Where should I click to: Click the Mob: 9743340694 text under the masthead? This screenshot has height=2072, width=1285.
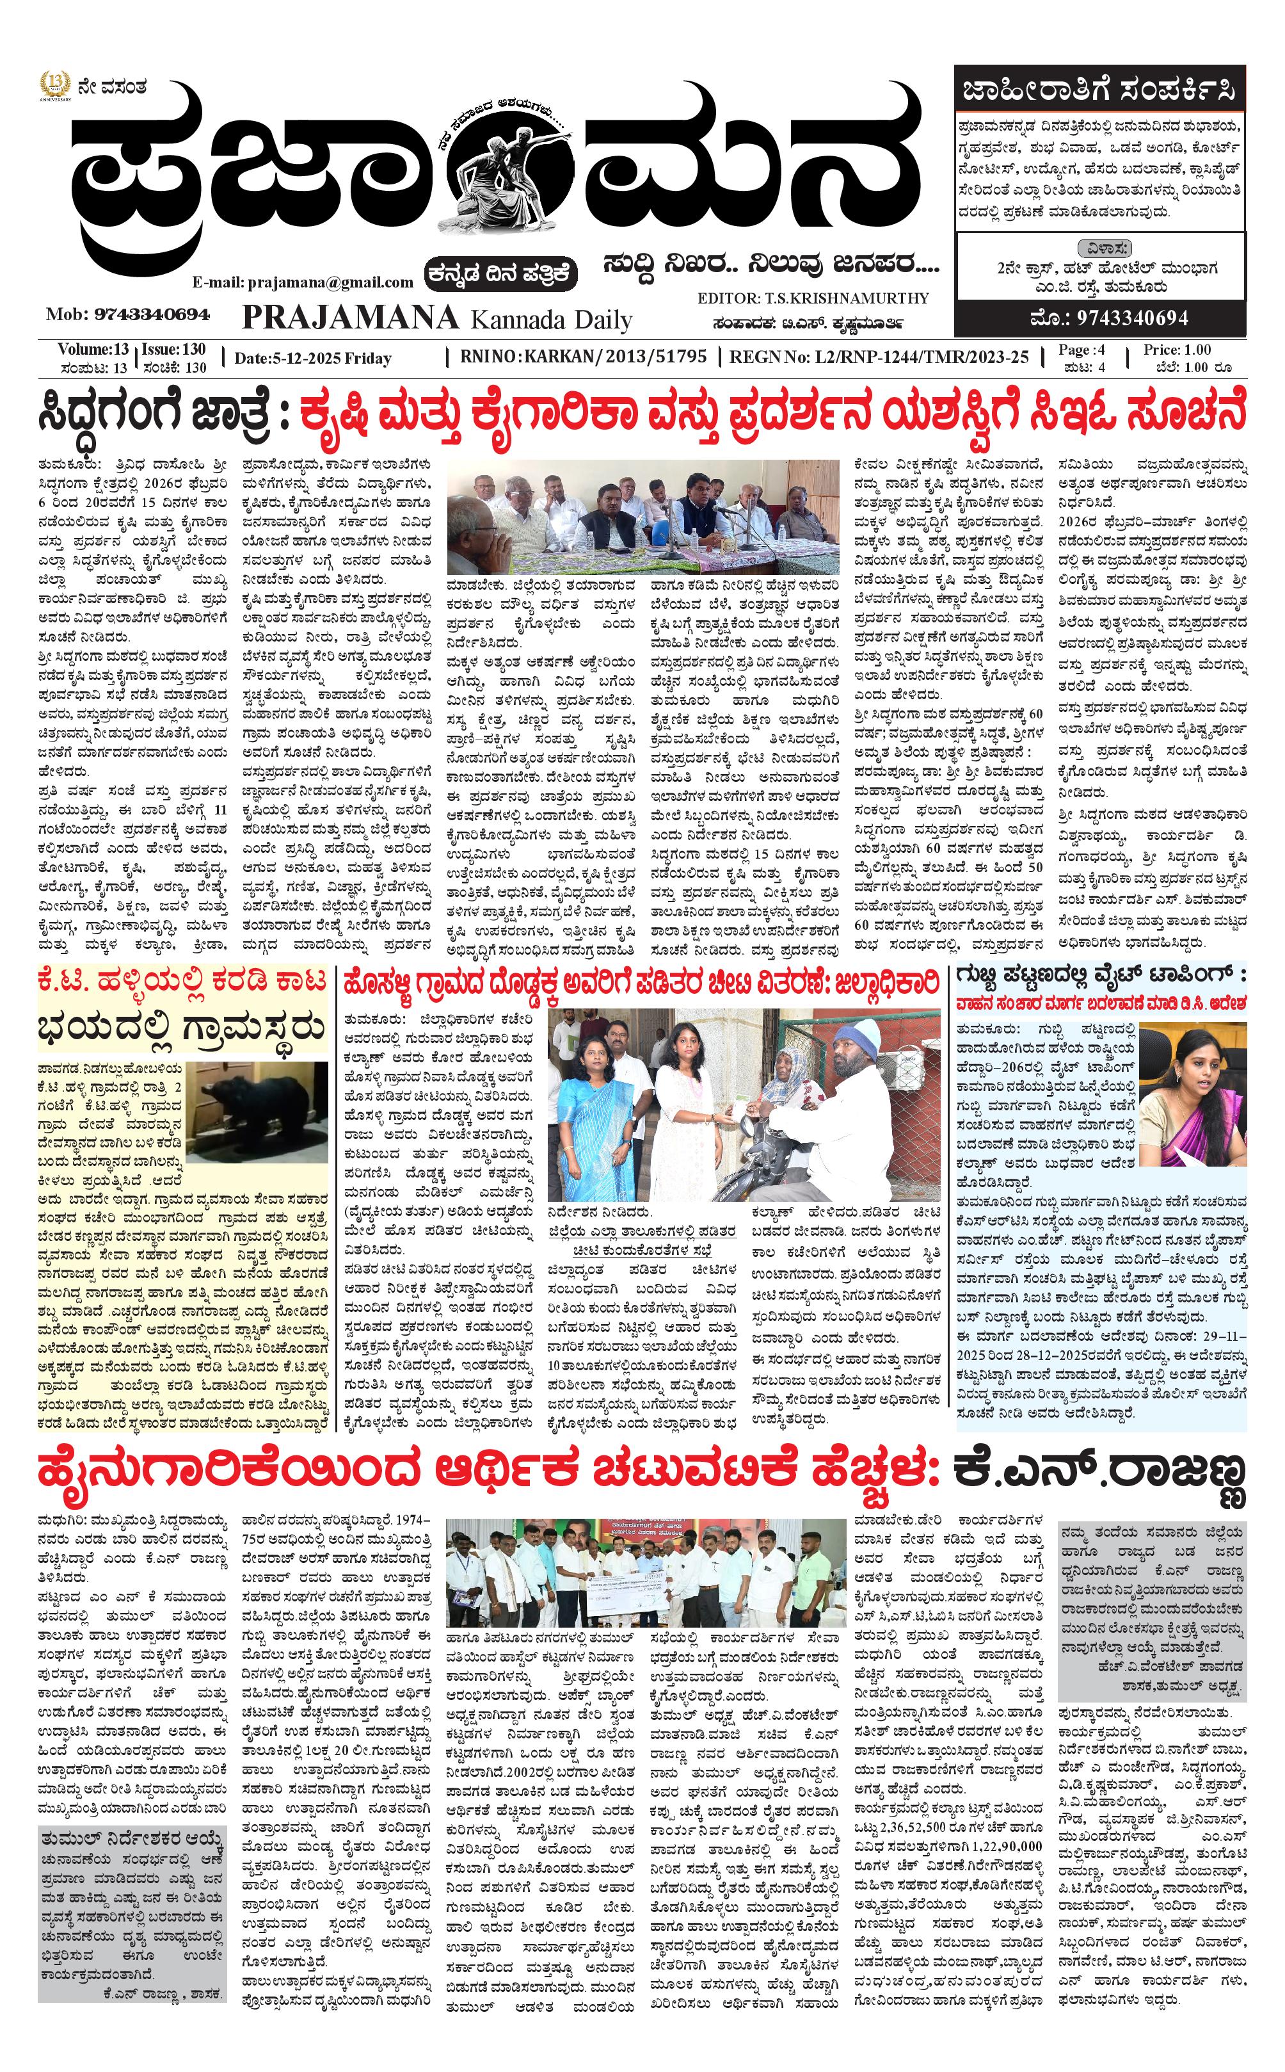[x=127, y=314]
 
